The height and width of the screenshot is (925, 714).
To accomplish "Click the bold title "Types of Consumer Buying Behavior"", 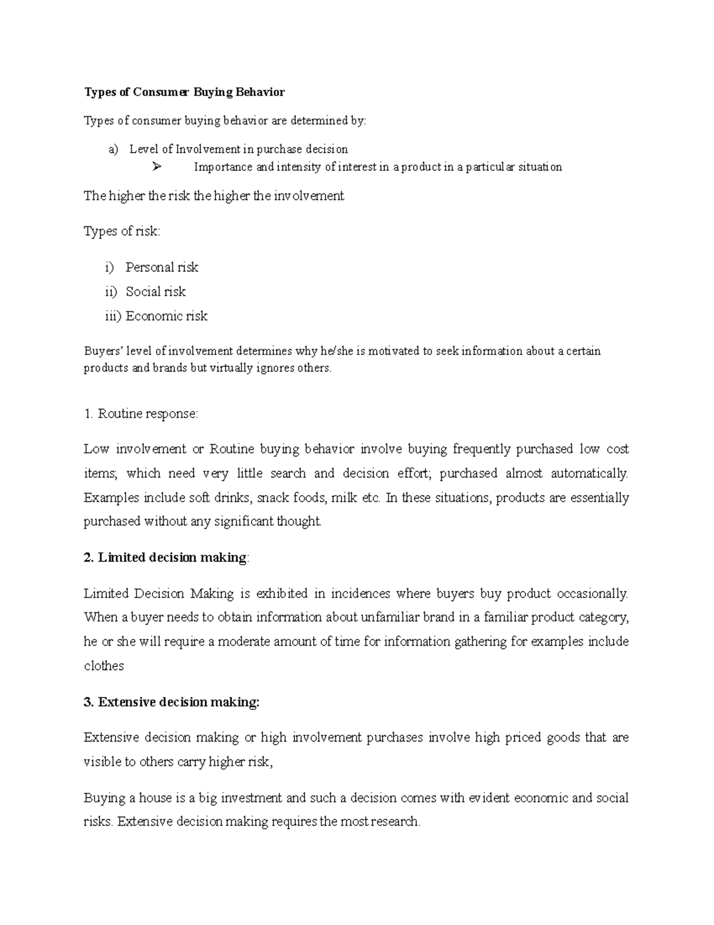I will click(184, 92).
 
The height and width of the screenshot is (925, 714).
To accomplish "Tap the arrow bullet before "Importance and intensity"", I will click(156, 167).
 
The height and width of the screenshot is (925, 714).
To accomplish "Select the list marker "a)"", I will click(113, 149).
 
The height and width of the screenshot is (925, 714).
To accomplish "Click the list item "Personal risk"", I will click(161, 267).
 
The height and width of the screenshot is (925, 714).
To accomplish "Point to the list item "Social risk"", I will click(155, 292).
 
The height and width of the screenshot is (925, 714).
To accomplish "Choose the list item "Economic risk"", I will click(166, 316).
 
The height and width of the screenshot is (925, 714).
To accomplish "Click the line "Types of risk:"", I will click(122, 232).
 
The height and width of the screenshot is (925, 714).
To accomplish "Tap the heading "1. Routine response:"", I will click(140, 413).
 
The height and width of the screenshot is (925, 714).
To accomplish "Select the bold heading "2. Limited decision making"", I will click(165, 558).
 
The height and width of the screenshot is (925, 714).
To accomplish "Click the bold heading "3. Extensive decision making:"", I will click(172, 702).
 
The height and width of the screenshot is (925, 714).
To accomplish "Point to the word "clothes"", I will click(104, 666).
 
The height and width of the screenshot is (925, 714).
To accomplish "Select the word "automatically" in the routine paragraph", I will click(588, 474).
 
